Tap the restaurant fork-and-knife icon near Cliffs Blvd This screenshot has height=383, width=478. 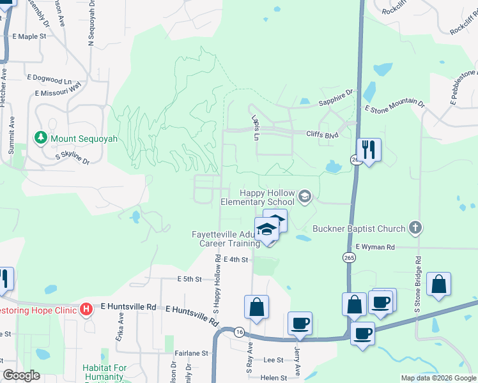click(369, 149)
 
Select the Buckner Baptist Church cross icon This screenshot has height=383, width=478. click(415, 228)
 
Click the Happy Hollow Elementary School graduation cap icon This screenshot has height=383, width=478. click(305, 197)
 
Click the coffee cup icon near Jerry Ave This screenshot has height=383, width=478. click(299, 323)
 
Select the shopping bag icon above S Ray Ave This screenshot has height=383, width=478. click(256, 306)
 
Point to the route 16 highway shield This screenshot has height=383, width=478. click(238, 332)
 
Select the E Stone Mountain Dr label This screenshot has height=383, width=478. click(394, 106)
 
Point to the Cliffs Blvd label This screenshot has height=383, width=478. click(322, 135)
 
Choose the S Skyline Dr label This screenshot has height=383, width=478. click(72, 158)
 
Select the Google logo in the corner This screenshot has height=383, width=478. click(21, 375)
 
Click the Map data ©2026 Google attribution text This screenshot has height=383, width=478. click(438, 378)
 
